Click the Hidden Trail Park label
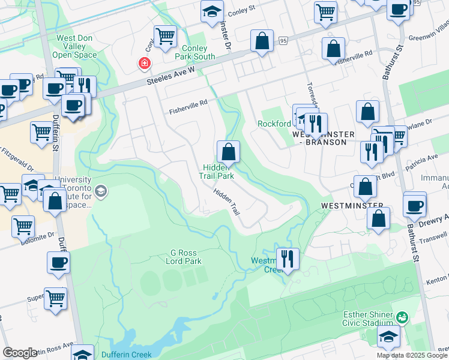click(x=216, y=172)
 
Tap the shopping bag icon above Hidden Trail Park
click(x=228, y=152)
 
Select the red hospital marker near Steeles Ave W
click(x=144, y=63)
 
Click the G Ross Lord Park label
click(x=184, y=257)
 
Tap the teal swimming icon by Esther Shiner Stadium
click(x=402, y=316)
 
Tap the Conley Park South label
click(x=194, y=53)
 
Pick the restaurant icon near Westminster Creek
click(x=288, y=259)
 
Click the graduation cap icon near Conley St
click(x=211, y=11)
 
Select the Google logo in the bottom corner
click(x=20, y=353)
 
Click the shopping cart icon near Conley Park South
click(x=165, y=35)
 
